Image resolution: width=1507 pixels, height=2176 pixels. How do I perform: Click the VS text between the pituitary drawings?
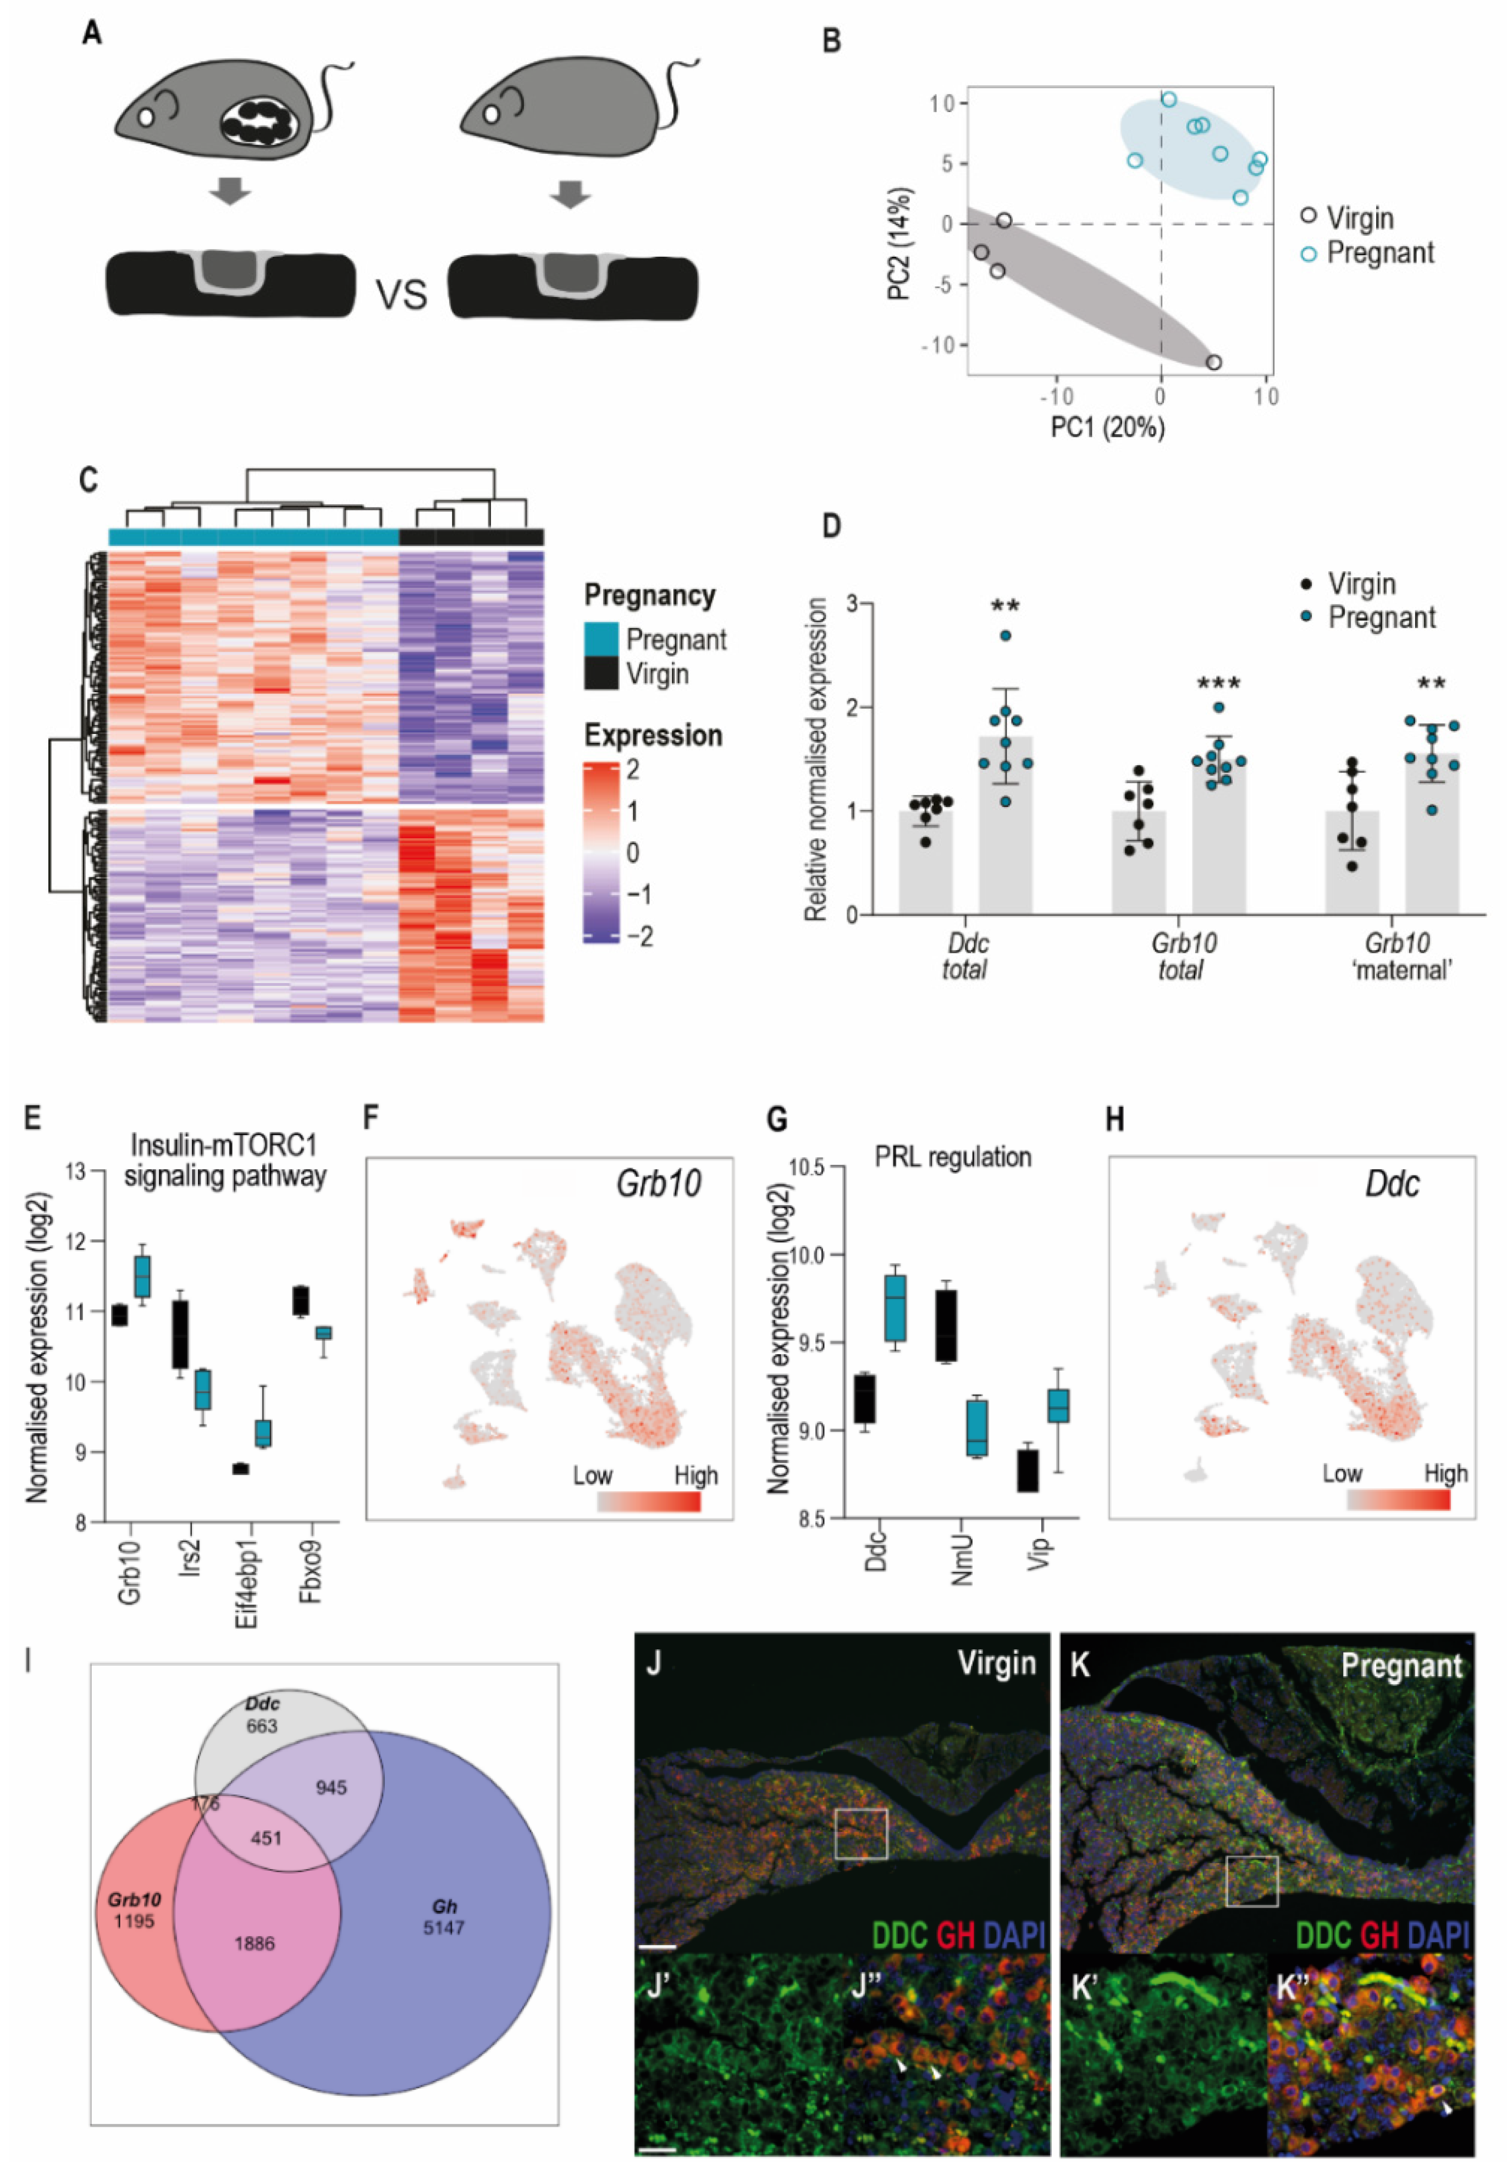401,295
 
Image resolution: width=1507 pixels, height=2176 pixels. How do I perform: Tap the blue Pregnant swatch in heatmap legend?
600,639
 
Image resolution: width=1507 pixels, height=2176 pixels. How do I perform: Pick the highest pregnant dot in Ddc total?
1006,636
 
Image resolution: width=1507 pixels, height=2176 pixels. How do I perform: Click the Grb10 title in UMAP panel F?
658,1184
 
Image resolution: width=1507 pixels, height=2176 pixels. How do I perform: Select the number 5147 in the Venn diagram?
444,1927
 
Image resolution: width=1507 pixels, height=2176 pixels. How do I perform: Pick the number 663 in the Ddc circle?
262,1726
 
